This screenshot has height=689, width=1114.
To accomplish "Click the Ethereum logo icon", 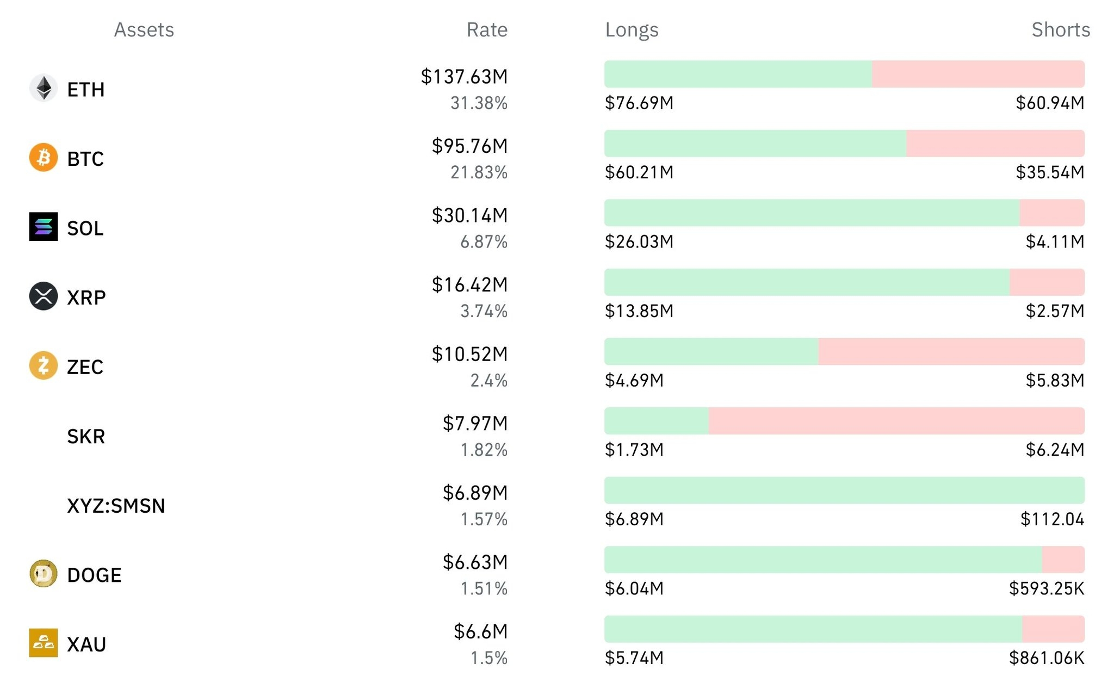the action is (44, 88).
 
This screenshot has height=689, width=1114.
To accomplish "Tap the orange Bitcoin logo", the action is (44, 158).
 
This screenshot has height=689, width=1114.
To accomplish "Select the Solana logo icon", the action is (44, 227).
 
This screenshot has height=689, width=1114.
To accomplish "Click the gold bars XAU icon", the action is (44, 643).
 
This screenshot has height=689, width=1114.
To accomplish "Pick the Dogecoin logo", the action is (44, 574).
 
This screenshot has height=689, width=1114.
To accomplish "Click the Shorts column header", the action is (1061, 29).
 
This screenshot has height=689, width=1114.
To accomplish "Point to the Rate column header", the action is (487, 29).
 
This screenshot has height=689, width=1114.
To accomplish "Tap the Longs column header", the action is (632, 30).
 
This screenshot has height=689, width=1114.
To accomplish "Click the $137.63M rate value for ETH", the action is (464, 77).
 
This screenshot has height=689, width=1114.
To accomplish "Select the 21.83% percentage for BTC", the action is (479, 172).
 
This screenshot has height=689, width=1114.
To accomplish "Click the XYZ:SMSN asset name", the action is (116, 506).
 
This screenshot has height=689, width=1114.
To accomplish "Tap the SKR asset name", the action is (86, 436).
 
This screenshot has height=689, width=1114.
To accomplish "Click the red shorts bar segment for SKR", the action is (896, 421).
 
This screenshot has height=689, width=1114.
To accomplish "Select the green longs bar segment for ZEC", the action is (711, 351).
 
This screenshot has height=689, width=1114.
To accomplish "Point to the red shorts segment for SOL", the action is (1052, 213).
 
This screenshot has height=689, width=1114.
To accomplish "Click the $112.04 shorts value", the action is (1052, 519).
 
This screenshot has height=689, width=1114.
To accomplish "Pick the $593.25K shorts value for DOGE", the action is (1047, 588).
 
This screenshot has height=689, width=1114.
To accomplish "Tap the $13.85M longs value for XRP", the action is (639, 311).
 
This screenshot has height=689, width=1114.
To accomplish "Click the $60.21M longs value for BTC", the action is (639, 172).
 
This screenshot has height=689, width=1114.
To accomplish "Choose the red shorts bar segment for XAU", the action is (1053, 629).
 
